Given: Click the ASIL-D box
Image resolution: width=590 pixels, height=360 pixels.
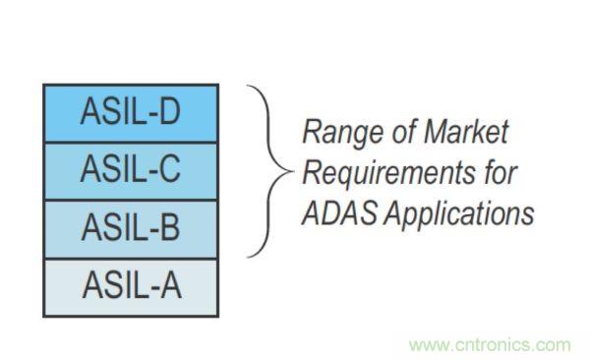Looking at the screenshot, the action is (x=131, y=113).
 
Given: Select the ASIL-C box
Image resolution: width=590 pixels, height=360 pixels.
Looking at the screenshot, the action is (x=131, y=171).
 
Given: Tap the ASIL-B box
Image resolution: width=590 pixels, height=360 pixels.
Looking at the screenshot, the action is (x=131, y=229).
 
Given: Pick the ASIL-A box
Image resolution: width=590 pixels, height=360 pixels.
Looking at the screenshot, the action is (x=131, y=287).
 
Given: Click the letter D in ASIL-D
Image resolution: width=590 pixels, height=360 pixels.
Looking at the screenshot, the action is (x=170, y=111).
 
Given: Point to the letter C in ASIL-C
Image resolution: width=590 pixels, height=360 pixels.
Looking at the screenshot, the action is (x=169, y=169).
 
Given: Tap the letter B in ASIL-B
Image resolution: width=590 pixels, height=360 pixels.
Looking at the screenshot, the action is (x=170, y=226).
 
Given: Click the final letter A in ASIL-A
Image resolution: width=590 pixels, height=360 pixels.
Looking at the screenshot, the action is (x=170, y=285).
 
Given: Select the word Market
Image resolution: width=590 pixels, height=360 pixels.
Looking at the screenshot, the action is (x=466, y=132).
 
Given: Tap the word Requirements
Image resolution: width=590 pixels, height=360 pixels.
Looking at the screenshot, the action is (x=389, y=174).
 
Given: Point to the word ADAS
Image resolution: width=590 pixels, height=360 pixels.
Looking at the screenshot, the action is (x=339, y=212).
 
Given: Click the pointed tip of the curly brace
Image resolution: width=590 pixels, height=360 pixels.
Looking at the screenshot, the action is (x=292, y=171).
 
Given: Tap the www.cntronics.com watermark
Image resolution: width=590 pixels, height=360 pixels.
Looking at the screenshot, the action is (x=490, y=345).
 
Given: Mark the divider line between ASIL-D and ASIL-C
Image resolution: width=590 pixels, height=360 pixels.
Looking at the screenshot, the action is (x=131, y=143).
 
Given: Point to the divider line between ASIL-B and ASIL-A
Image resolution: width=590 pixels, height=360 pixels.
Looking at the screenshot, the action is (x=131, y=259).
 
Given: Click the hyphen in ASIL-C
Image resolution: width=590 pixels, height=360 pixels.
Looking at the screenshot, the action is (x=151, y=172).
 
